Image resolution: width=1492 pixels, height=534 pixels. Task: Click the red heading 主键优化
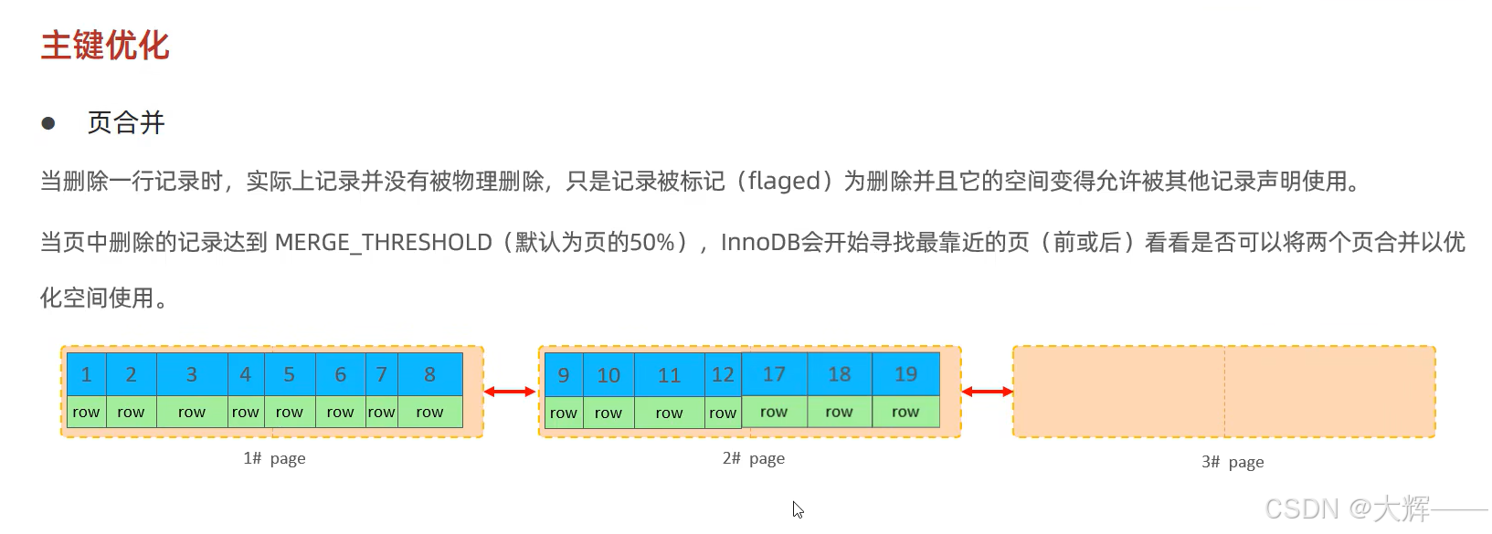[x=105, y=46]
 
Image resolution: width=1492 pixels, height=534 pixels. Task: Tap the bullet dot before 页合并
[x=48, y=123]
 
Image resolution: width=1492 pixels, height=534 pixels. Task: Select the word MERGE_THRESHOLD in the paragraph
[x=383, y=243]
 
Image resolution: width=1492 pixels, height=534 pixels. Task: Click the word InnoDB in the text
[x=760, y=243]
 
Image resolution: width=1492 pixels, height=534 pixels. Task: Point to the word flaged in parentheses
[x=784, y=182]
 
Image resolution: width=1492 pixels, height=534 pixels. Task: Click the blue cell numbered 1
[x=86, y=374]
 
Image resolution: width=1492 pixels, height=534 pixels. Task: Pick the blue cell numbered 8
[x=429, y=374]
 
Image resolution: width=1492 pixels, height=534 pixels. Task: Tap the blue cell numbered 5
[x=289, y=374]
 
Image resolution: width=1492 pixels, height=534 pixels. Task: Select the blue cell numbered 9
[x=563, y=375]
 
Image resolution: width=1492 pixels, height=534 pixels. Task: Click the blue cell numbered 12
[x=723, y=375]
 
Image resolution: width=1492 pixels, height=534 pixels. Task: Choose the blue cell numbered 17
[x=774, y=374]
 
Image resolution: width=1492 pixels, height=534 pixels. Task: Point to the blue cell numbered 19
[x=905, y=374]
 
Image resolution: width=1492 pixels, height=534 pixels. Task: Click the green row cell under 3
[x=192, y=412]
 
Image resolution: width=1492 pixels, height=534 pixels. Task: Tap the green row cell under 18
[x=839, y=412]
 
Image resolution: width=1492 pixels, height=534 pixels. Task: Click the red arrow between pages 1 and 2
[x=510, y=392]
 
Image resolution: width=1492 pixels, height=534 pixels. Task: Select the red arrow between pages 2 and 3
[x=987, y=392]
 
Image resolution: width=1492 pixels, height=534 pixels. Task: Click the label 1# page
[x=274, y=458]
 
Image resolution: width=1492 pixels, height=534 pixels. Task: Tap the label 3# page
[x=1233, y=462]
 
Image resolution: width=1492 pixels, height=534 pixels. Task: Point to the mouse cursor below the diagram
[x=798, y=509]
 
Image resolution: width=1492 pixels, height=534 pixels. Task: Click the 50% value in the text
[x=652, y=243]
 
